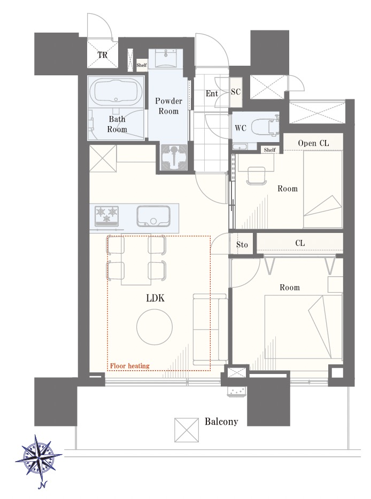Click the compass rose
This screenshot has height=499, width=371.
(x=38, y=457)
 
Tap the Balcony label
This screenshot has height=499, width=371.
(x=221, y=422)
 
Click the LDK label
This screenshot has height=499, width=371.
(x=155, y=298)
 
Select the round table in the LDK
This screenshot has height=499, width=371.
(x=154, y=326)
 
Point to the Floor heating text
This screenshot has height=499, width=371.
(x=129, y=366)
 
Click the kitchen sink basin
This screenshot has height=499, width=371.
(x=153, y=216)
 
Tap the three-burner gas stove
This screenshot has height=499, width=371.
(x=107, y=216)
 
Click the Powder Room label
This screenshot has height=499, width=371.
(x=168, y=106)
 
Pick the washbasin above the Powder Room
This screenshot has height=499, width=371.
(x=166, y=59)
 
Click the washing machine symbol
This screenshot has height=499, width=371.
(x=174, y=157)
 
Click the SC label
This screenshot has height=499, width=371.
(x=236, y=92)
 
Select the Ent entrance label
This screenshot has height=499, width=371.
(x=212, y=93)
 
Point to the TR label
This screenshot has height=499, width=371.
(x=102, y=55)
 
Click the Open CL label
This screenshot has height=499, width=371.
(x=313, y=143)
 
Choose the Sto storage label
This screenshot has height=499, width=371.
(x=242, y=244)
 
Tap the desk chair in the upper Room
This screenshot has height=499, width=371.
(x=256, y=176)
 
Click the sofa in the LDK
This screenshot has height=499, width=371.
(x=210, y=330)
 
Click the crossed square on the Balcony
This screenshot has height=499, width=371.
(x=187, y=430)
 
